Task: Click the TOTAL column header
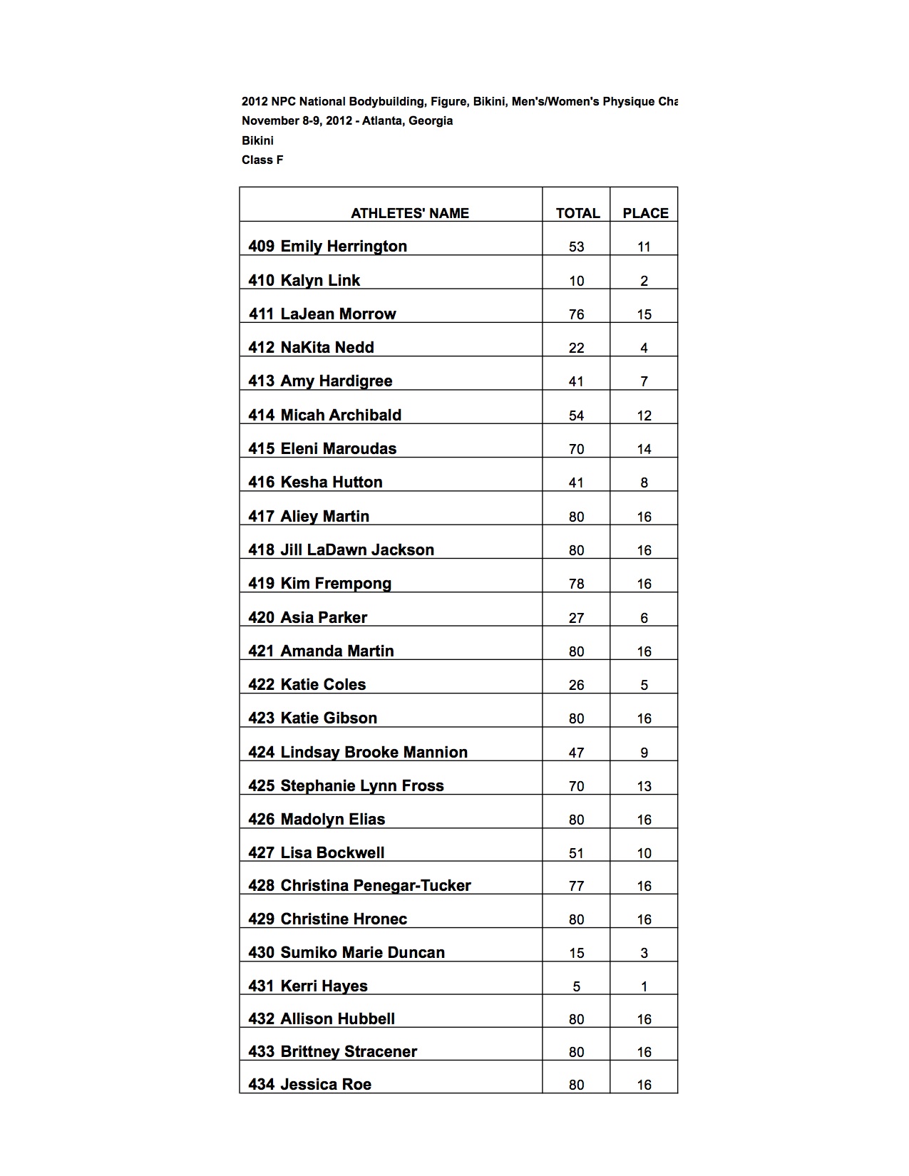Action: (577, 213)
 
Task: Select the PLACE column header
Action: (645, 213)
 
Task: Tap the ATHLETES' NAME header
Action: (409, 213)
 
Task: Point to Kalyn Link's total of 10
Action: (576, 281)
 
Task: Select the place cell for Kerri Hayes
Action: (644, 986)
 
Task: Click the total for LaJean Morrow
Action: (576, 314)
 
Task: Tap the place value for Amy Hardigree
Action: (644, 381)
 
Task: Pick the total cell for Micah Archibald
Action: (576, 416)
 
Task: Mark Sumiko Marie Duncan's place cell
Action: (644, 953)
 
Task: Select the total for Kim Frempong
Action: (576, 584)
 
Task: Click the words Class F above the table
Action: (262, 160)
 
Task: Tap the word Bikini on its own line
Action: (257, 140)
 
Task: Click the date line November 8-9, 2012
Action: (347, 120)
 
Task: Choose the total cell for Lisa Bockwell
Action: (576, 853)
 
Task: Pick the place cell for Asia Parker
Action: (644, 618)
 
